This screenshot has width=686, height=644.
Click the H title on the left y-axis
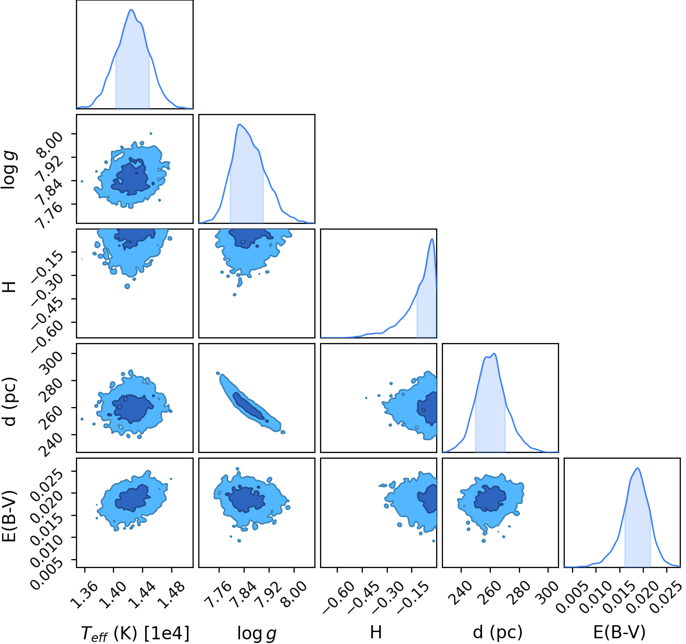pos(9,286)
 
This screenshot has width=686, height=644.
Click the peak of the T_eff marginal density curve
pos(131,10)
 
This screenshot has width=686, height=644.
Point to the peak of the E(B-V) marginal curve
pos(637,469)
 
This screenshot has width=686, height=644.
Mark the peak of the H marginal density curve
pos(432,239)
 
